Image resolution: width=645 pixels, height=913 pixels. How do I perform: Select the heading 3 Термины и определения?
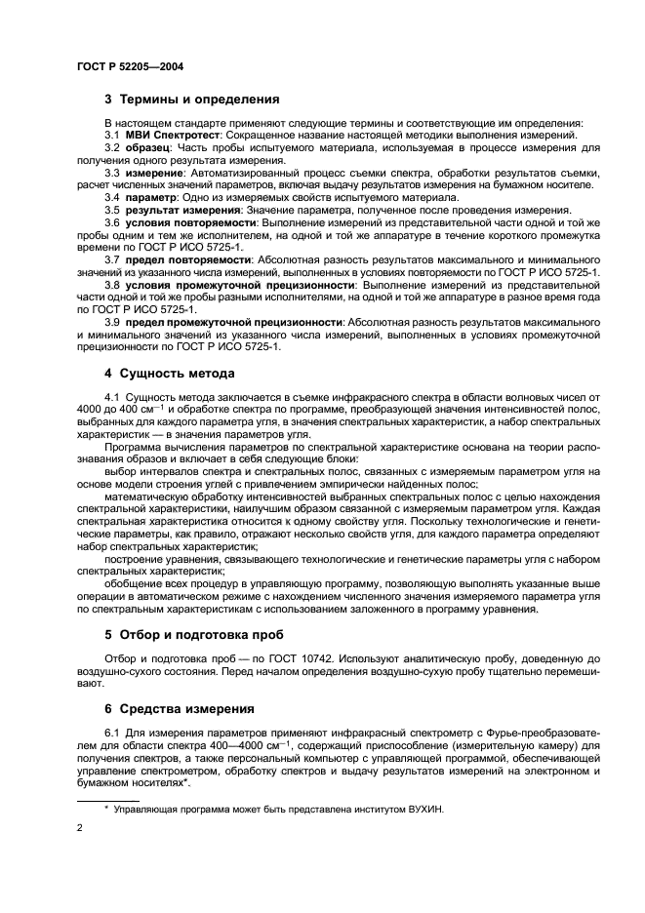click(192, 99)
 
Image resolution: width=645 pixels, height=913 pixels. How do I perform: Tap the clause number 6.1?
click(112, 732)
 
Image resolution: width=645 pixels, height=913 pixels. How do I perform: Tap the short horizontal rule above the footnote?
click(108, 800)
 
